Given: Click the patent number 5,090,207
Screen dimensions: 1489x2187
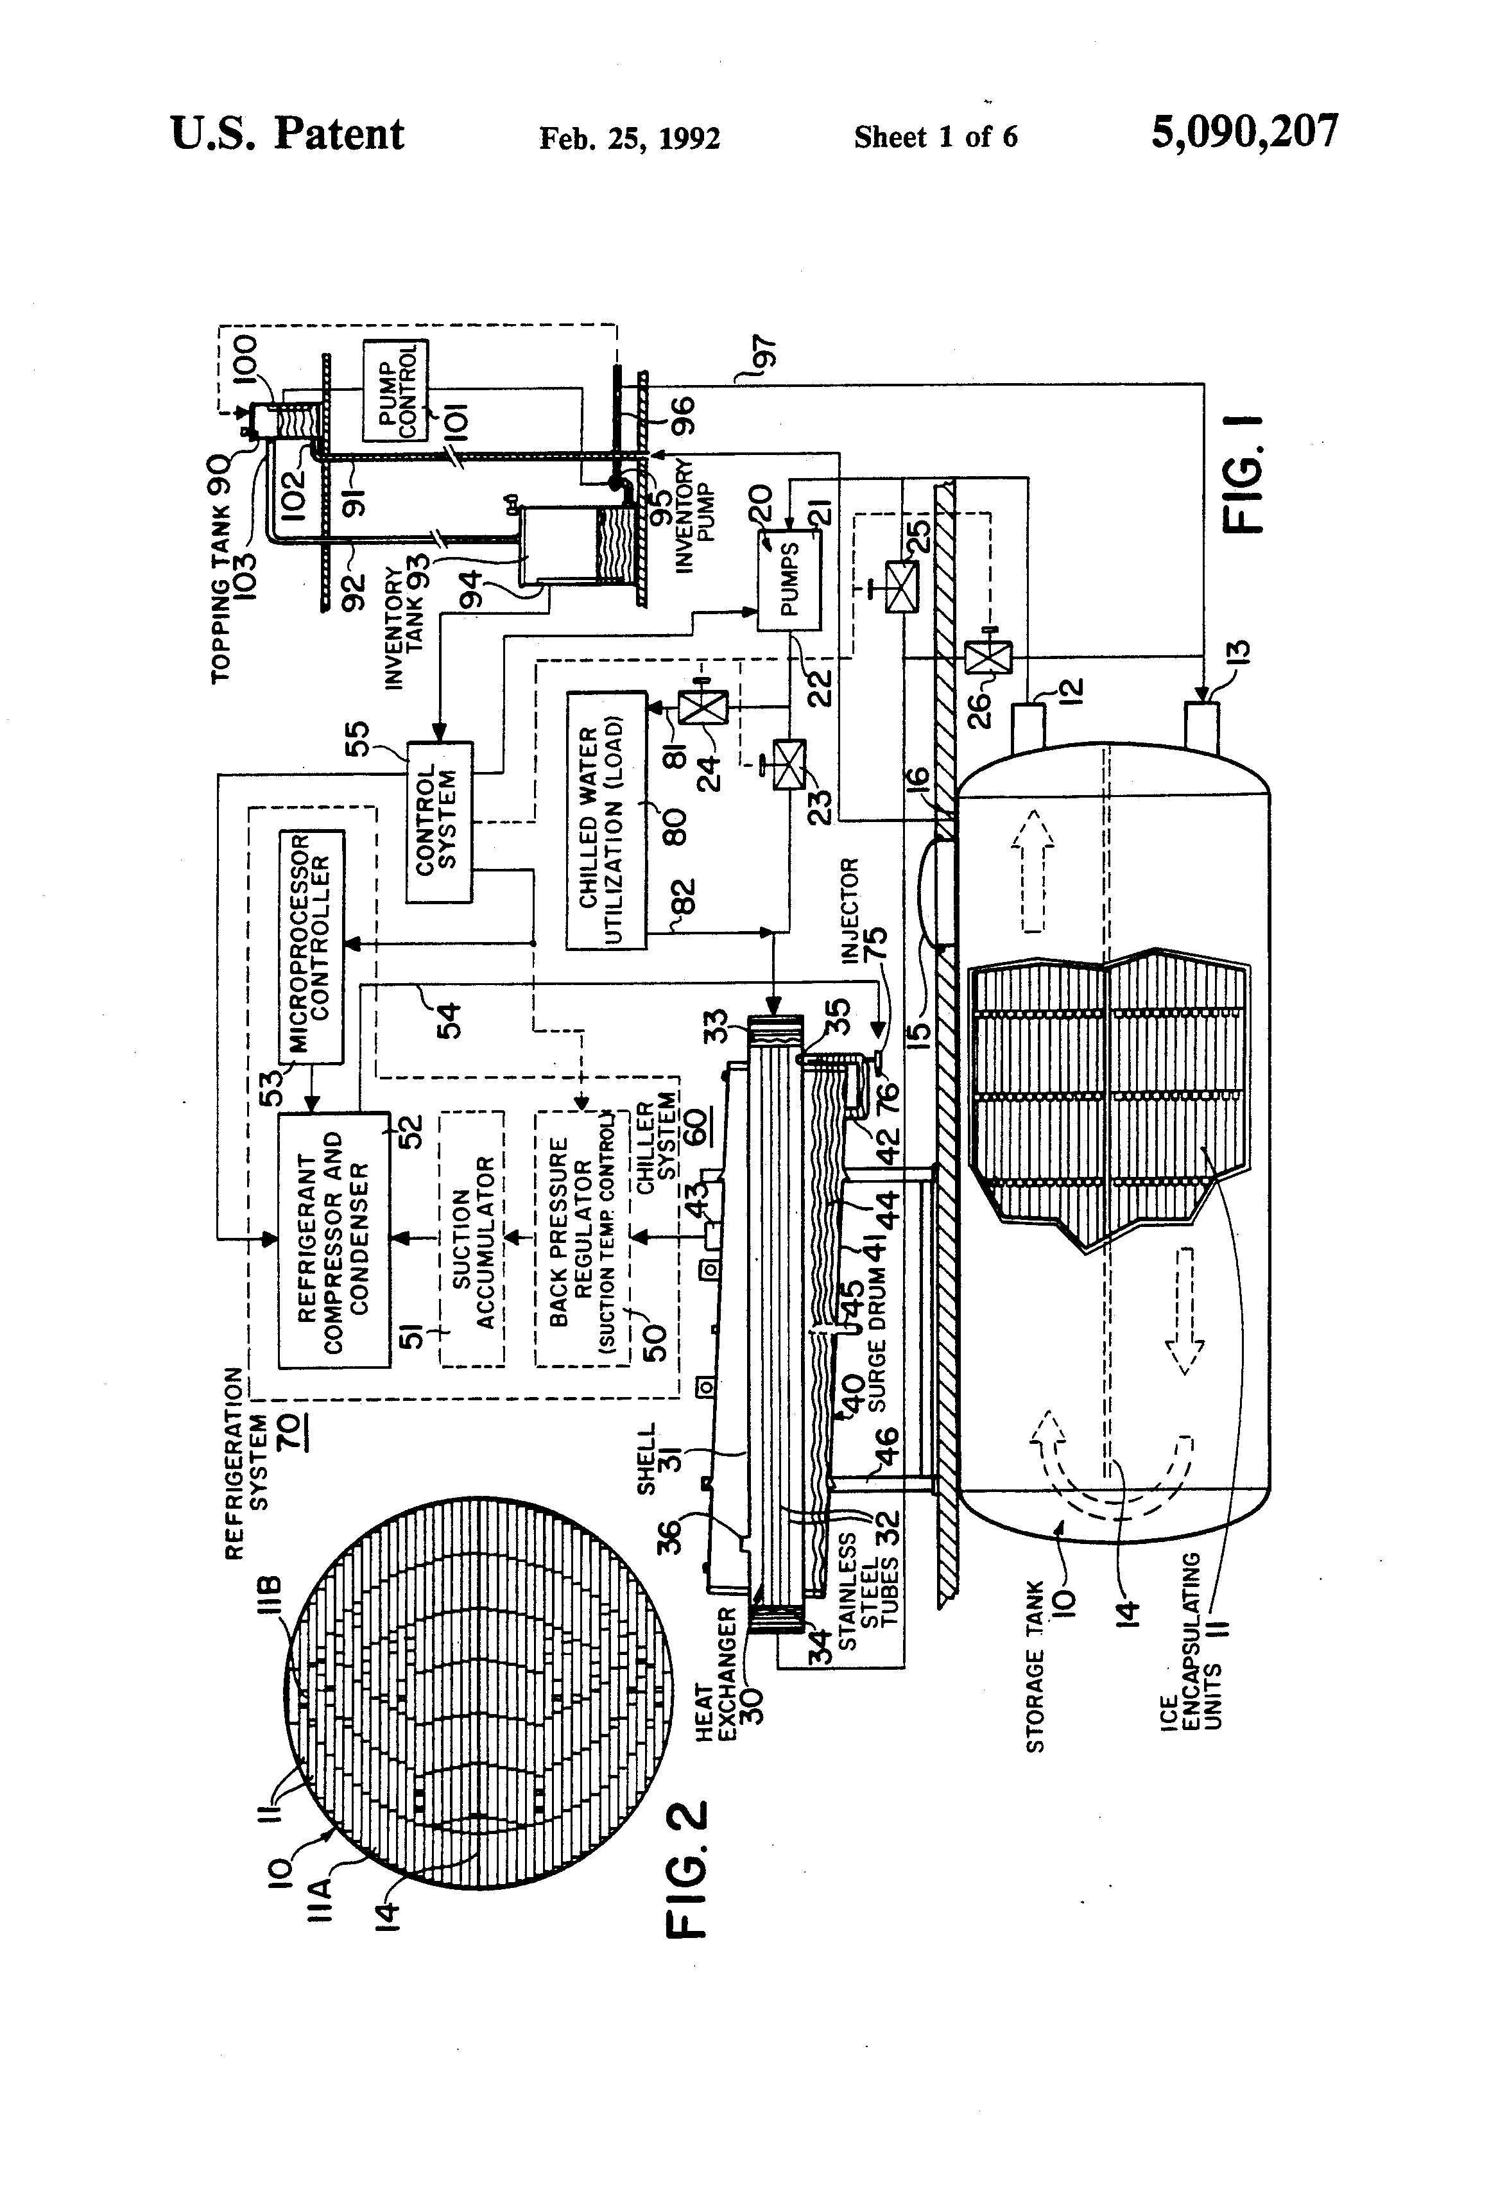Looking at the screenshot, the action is point(1244,133).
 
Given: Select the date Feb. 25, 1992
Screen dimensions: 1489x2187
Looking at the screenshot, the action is point(630,139).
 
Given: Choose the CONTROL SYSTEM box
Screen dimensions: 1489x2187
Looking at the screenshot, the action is point(438,821).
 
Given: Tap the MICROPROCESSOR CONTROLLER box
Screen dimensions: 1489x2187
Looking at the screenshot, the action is point(311,947).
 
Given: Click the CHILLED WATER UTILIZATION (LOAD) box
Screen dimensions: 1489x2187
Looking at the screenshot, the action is point(606,821).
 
